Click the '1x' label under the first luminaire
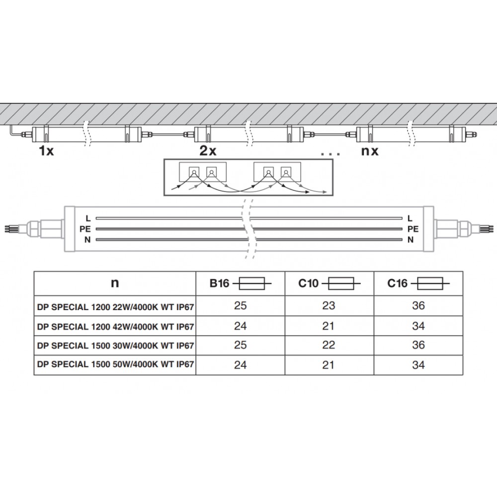[46, 151]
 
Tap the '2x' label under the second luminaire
[208, 151]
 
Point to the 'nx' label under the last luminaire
[370, 151]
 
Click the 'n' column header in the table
[115, 283]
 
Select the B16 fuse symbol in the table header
[252, 283]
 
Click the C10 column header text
[308, 283]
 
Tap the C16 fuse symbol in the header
[430, 283]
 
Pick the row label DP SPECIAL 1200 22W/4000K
[115, 307]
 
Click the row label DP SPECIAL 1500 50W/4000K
[115, 364]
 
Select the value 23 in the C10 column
[329, 306]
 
